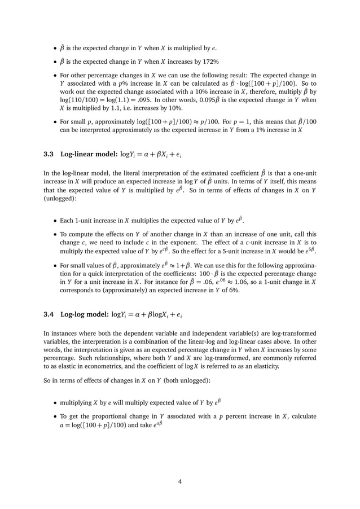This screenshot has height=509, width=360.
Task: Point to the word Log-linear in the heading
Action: click(85, 155)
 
